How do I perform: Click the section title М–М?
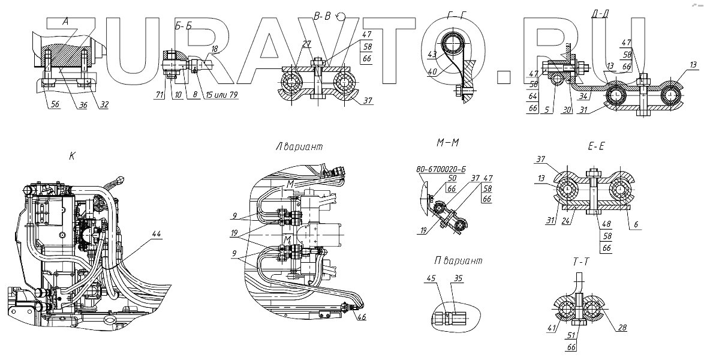point(449,144)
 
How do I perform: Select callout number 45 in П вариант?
point(431,278)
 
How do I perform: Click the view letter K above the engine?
point(72,155)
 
